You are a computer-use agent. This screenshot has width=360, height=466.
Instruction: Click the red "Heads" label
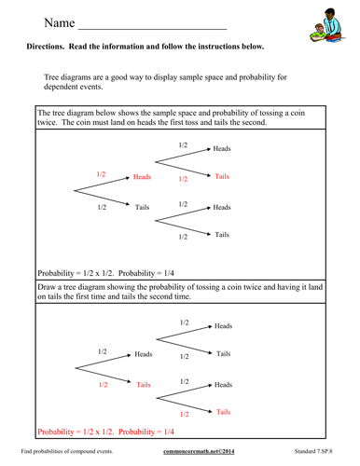(x=143, y=175)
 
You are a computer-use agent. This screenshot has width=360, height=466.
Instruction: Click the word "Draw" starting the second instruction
(x=47, y=287)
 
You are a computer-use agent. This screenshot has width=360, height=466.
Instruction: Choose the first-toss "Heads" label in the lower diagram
(x=144, y=354)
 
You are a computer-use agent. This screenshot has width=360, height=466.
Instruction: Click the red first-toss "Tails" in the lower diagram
(x=144, y=384)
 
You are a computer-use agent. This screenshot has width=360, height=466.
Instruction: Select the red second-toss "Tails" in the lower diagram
(x=223, y=411)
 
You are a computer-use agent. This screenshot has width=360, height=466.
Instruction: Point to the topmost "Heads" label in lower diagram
(x=224, y=326)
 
